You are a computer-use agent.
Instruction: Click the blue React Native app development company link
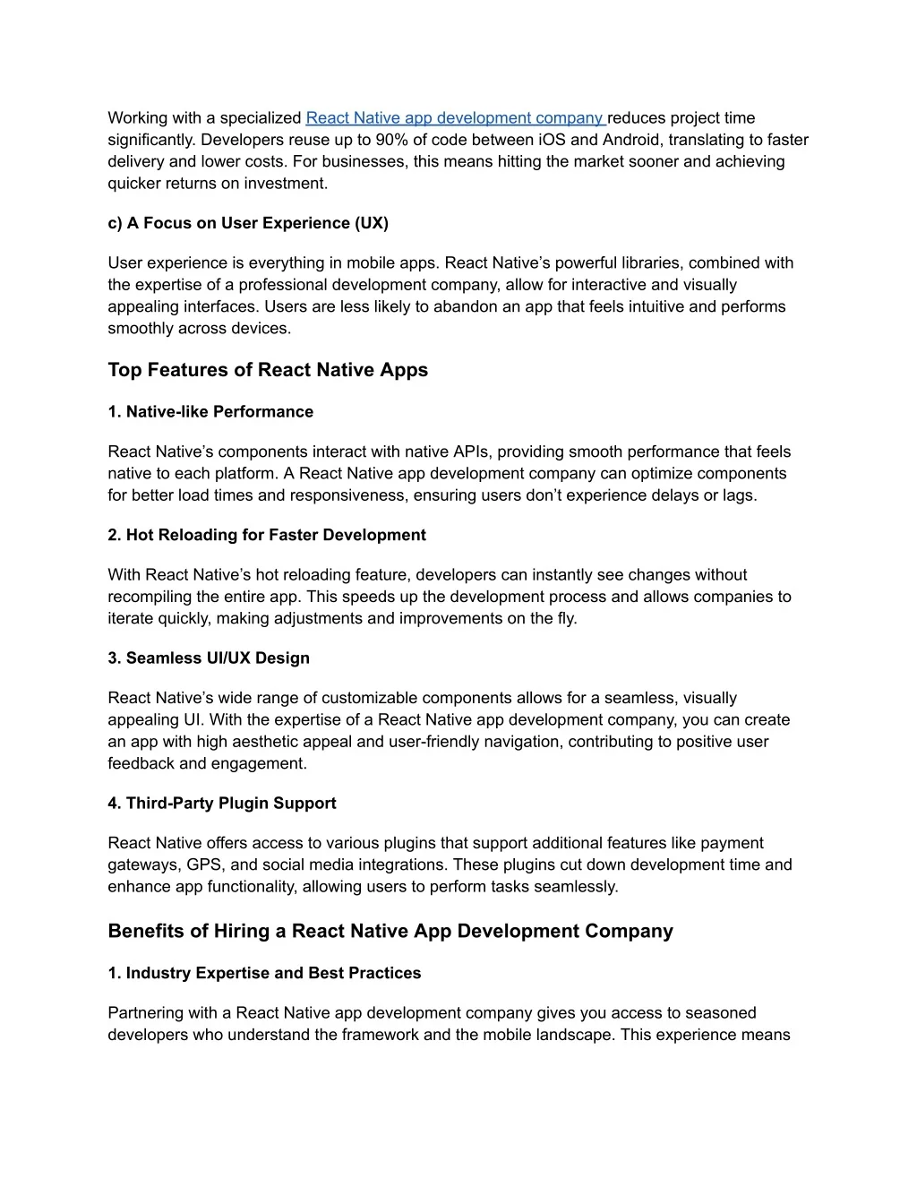click(455, 118)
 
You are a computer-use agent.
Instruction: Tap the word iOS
click(552, 140)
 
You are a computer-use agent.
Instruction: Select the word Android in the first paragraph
click(631, 140)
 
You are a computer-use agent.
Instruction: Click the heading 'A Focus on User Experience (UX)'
click(248, 223)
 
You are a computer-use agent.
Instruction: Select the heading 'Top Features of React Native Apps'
click(268, 370)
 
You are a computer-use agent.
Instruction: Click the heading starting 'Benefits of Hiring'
click(390, 932)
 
